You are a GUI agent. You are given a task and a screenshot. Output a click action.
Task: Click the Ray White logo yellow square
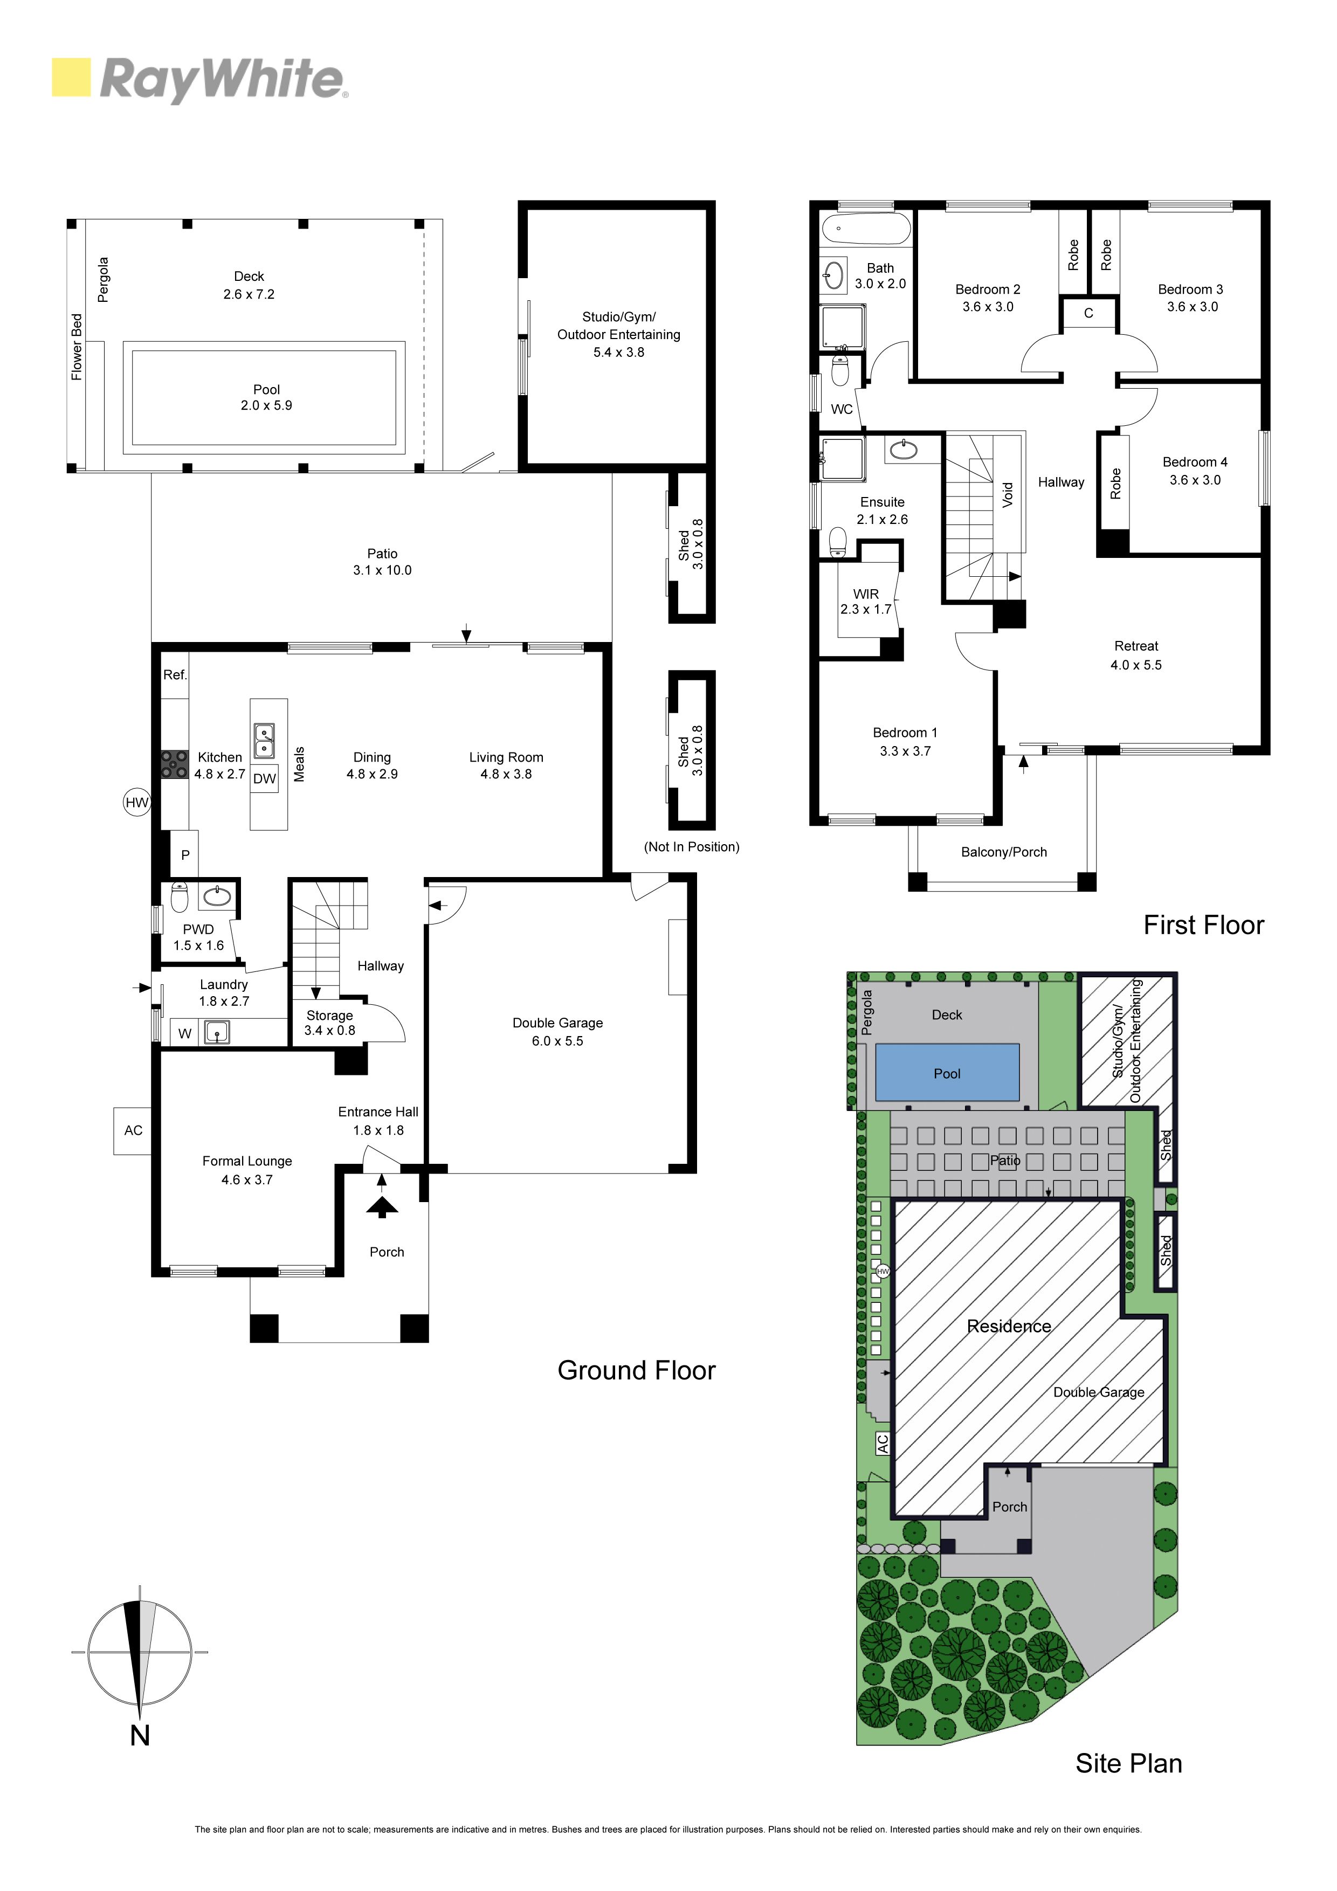(71, 78)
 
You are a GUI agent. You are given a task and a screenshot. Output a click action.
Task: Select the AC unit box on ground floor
(133, 1131)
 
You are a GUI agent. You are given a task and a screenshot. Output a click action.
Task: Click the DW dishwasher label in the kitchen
(264, 779)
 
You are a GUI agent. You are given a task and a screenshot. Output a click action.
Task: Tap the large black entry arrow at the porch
(381, 1206)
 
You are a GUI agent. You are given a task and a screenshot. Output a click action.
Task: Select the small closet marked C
(1088, 313)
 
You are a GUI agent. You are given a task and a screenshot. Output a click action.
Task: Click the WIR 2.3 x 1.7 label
(866, 602)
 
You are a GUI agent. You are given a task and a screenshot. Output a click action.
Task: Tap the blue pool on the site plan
(947, 1072)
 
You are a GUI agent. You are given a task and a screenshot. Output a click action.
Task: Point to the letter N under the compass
(140, 1735)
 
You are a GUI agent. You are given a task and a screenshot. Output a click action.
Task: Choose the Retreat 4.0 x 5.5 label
(1136, 655)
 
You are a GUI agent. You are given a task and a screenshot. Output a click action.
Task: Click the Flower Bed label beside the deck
(77, 347)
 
